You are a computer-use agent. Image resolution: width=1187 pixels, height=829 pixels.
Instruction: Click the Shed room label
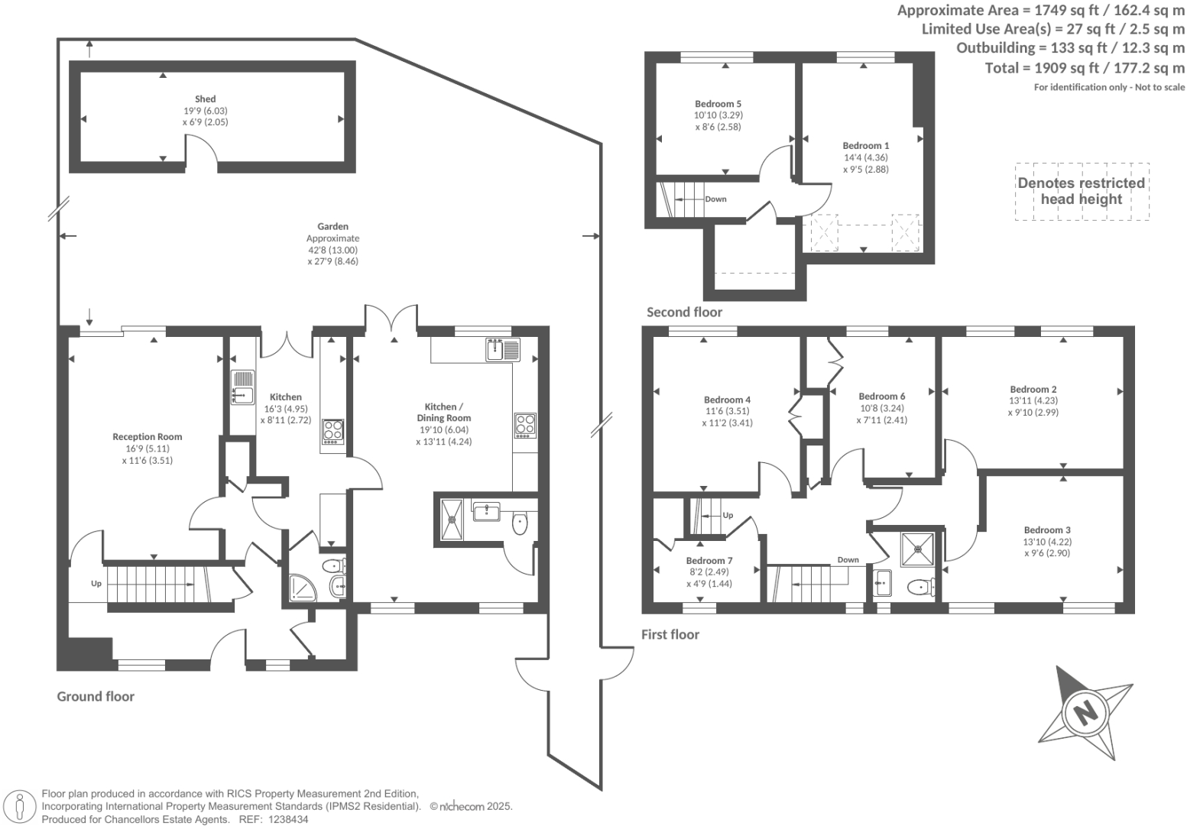pos(205,99)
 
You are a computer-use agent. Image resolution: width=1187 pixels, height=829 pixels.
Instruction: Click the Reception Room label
pos(148,437)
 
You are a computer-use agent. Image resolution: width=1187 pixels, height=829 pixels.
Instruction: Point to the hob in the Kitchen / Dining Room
pos(525,425)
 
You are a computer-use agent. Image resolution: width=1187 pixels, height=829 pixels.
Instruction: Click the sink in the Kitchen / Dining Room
pos(501,349)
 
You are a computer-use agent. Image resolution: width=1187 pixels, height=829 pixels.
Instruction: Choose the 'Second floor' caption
pos(684,312)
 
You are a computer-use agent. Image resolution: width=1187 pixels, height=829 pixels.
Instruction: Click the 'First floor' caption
pos(670,634)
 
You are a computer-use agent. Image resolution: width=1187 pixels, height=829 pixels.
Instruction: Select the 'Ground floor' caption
pos(96,696)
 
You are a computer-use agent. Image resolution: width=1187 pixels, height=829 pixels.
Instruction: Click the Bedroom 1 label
pos(865,145)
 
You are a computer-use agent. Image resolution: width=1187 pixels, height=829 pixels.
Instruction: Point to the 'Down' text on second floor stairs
pos(715,199)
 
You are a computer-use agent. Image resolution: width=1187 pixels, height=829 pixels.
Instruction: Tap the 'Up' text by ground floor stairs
pos(96,584)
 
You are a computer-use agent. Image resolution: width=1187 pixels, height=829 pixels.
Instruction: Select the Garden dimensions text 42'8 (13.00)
pos(332,250)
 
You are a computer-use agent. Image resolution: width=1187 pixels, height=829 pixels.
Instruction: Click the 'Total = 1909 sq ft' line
pos(1085,67)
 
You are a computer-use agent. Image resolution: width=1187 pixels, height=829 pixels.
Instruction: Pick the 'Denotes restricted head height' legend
pos(1081,191)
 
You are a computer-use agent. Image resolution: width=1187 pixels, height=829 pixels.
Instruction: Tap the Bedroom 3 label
pos(1046,529)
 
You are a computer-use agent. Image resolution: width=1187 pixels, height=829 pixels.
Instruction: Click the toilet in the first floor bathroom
pos(920,588)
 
